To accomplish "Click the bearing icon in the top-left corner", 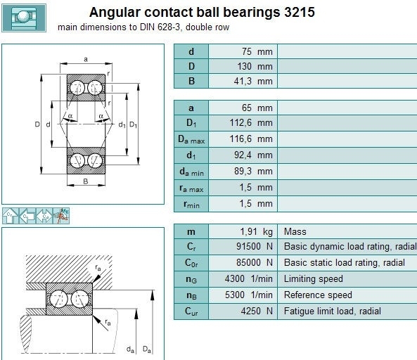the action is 24,18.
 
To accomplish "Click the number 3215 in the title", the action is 300,12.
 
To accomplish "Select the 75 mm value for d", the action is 257,51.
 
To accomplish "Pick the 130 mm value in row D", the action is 255,66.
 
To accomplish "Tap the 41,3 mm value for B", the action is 253,81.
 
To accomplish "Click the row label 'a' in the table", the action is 191,108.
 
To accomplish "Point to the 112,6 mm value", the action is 251,123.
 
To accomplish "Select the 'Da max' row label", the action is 191,139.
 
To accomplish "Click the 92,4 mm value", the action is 253,155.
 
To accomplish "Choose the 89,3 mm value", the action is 253,172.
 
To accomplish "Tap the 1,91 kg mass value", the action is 257,232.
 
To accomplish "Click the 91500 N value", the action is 255,247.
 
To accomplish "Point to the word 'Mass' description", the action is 295,231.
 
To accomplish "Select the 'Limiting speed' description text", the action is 314,279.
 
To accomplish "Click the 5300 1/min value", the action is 249,295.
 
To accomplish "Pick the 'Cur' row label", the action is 191,311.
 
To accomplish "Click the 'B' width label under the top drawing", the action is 86,181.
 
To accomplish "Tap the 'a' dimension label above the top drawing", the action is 86,59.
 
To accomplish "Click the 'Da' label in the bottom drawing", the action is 147,349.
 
